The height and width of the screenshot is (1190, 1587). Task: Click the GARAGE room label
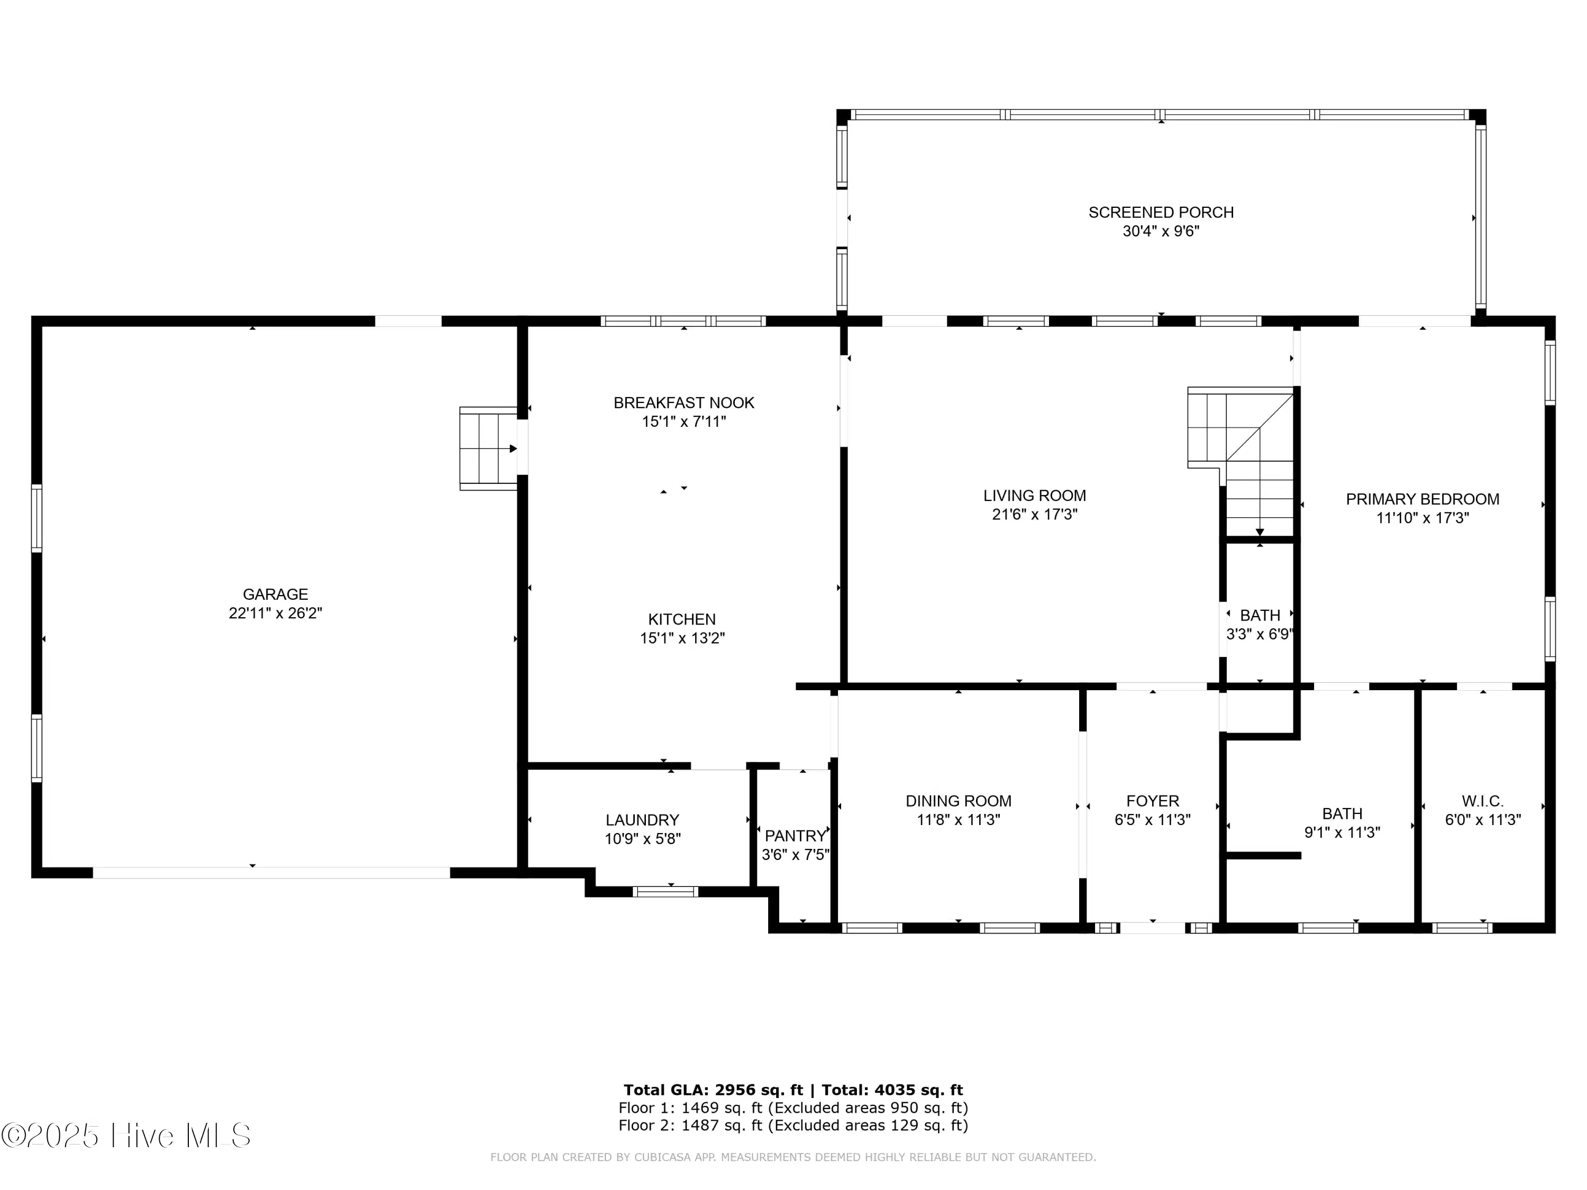[x=276, y=594]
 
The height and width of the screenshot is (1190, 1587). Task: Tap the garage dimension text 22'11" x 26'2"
[x=276, y=614]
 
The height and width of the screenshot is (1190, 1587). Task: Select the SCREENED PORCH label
[x=1161, y=212]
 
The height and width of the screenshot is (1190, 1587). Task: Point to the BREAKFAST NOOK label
[x=683, y=403]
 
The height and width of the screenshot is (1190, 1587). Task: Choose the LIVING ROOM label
[x=1035, y=496]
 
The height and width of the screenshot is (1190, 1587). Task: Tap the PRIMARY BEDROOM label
[x=1422, y=499]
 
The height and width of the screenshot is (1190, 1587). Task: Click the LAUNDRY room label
[x=642, y=820]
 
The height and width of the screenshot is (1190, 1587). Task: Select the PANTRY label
[x=795, y=836]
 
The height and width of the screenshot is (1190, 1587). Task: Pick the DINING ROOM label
[x=959, y=801]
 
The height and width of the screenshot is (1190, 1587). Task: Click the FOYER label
[x=1153, y=801]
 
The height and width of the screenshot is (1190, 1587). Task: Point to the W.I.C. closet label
[x=1483, y=801]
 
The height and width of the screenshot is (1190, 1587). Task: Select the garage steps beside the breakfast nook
[x=488, y=449]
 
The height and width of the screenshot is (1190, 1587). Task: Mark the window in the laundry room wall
[x=665, y=892]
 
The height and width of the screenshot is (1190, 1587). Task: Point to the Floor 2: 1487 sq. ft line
[x=793, y=1125]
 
